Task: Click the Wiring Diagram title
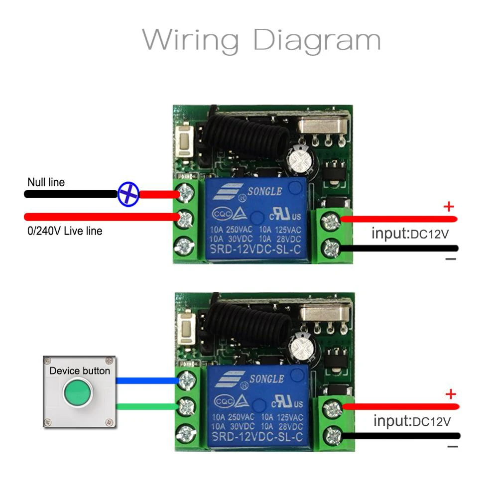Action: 261,39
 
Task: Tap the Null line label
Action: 46,182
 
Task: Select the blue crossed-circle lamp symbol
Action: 128,194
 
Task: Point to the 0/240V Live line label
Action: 65,231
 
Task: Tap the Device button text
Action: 80,371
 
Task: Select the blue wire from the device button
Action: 147,381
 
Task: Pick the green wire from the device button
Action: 147,406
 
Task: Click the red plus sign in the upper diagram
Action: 449,206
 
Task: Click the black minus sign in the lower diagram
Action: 452,447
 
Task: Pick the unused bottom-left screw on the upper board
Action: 184,246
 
